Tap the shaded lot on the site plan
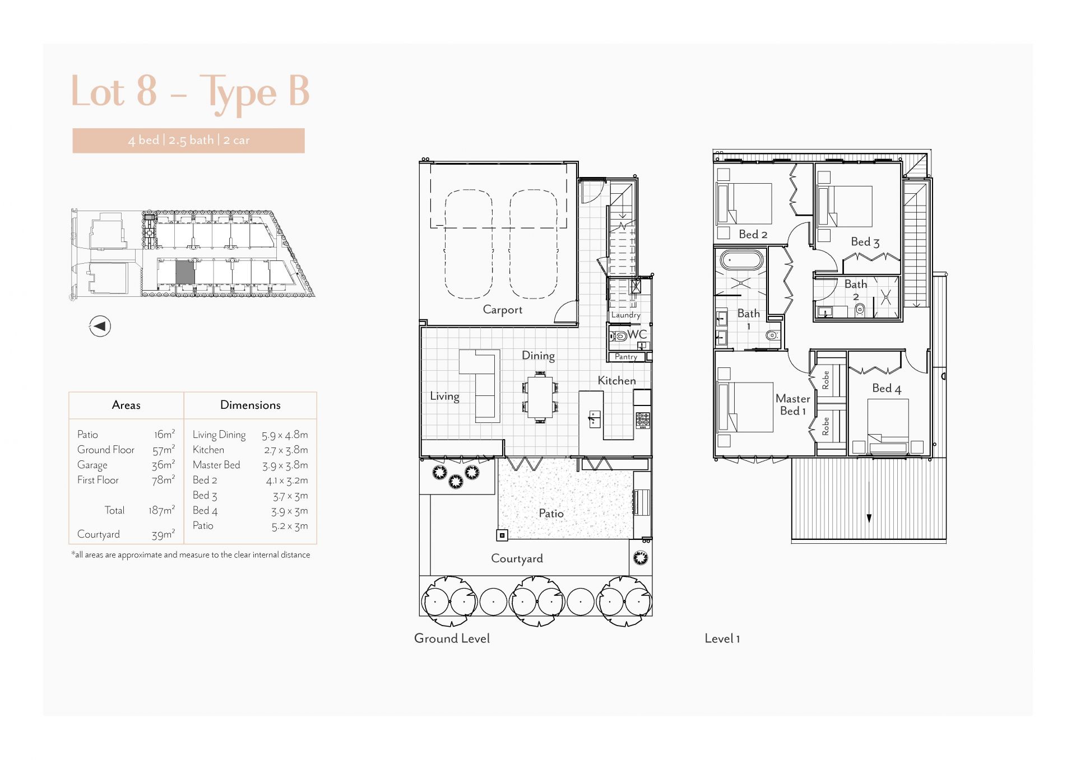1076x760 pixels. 185,272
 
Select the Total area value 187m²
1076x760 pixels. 161,510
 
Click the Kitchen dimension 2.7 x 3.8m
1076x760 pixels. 286,450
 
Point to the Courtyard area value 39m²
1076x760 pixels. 163,534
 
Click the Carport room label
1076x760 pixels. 502,310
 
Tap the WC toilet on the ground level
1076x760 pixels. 619,337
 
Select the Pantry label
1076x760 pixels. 626,357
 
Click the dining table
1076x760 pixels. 540,397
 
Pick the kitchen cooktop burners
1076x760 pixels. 643,419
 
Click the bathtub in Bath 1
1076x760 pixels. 741,260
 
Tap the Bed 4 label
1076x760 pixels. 887,388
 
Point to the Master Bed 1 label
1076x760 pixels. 793,404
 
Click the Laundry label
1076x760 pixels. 625,315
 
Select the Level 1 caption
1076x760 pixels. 722,638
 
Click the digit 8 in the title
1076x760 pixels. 146,91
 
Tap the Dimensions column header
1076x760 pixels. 250,405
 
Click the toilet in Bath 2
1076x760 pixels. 860,309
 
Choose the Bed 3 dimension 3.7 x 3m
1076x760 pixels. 290,496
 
